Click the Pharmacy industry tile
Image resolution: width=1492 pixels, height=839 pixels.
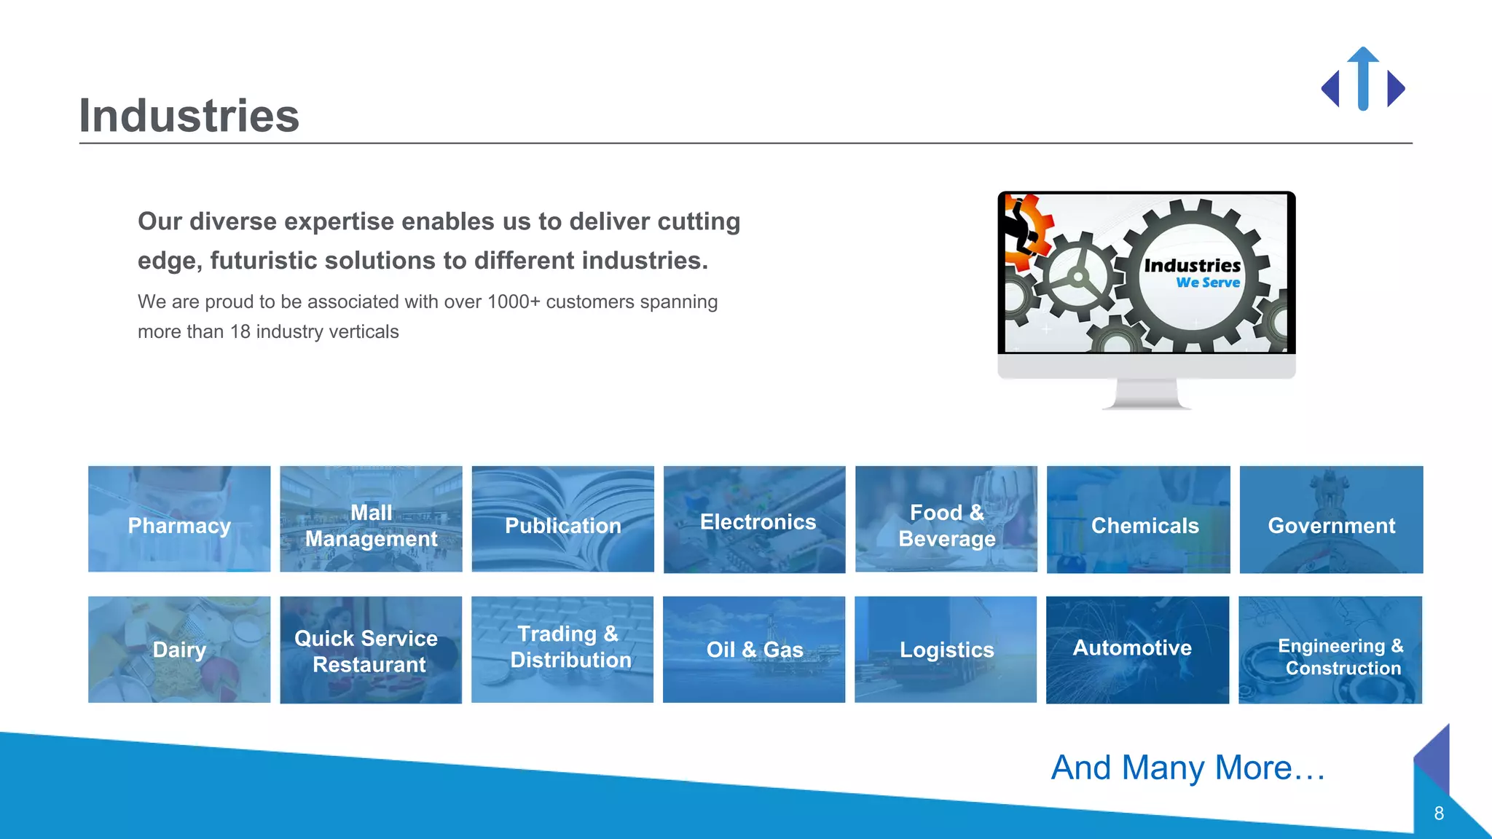(179, 519)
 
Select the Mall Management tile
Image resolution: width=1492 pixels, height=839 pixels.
(371, 519)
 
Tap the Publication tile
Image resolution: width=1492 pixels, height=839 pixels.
(562, 519)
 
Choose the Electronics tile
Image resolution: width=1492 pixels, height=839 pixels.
(754, 519)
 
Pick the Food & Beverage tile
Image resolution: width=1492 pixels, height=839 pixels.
(946, 519)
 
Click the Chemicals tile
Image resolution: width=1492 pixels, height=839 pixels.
(1138, 519)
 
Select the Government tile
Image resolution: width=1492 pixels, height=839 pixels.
(1331, 519)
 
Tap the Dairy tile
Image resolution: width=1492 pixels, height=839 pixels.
(179, 650)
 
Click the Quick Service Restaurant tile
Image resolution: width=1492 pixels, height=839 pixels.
(371, 650)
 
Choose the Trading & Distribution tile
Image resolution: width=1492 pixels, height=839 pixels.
(562, 650)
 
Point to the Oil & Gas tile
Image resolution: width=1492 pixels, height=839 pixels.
(754, 650)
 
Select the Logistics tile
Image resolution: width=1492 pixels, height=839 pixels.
(946, 650)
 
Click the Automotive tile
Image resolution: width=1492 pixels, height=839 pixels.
(1137, 650)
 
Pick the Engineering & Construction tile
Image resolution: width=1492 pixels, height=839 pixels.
(1330, 650)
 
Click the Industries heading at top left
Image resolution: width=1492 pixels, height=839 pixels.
(189, 116)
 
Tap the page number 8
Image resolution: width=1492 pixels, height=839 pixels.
(1438, 814)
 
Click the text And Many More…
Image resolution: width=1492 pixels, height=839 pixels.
(1187, 768)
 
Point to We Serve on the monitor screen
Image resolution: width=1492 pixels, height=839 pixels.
(1207, 283)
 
